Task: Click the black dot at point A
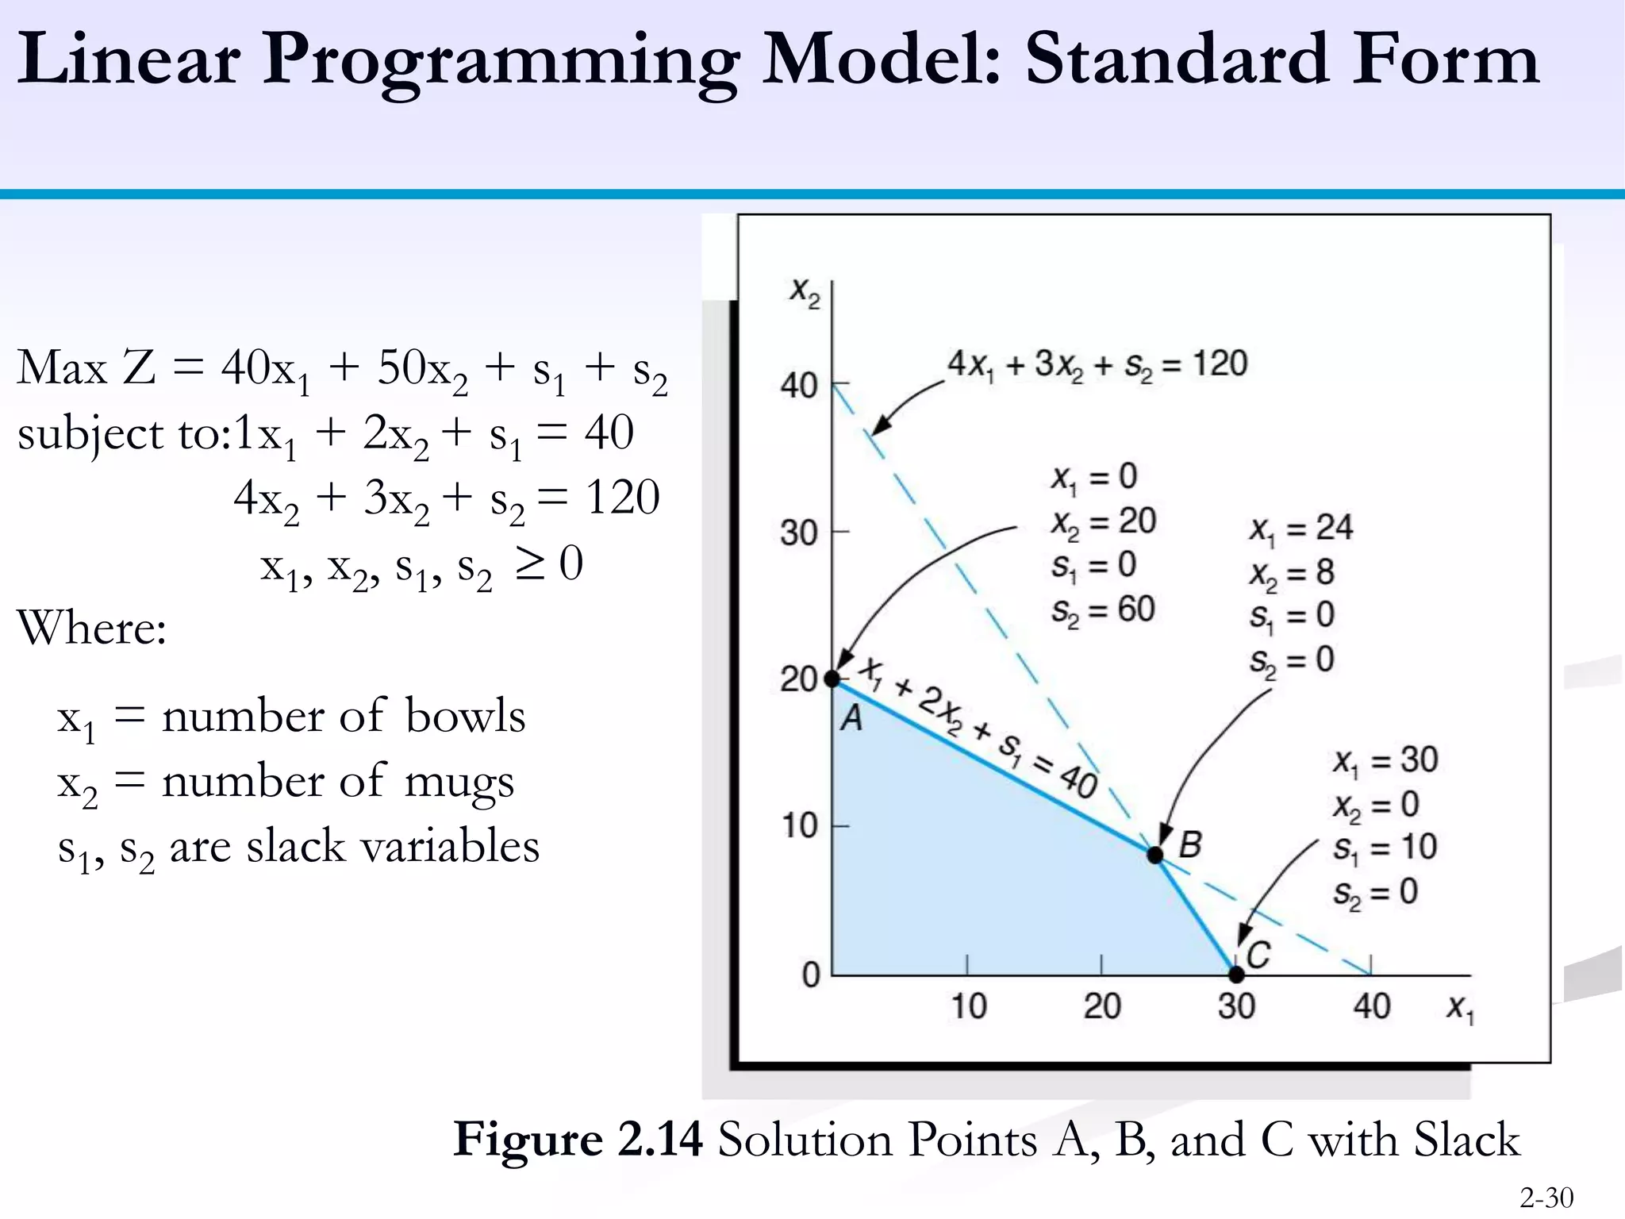[x=832, y=679]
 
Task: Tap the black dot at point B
[x=1155, y=855]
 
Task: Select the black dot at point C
[x=1236, y=974]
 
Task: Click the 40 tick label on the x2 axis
[x=798, y=386]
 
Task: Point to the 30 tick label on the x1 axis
[x=1236, y=1006]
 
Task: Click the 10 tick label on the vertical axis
[x=799, y=826]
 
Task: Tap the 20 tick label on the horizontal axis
[x=1102, y=1006]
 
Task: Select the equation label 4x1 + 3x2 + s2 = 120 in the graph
[x=1097, y=364]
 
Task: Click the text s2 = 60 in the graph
[x=1102, y=609]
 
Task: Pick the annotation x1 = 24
[x=1300, y=529]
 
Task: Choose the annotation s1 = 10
[x=1385, y=848]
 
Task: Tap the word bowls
[x=465, y=716]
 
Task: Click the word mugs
[x=459, y=783]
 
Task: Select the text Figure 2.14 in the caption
[x=578, y=1140]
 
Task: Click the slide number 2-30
[x=1546, y=1197]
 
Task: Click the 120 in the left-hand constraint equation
[x=622, y=498]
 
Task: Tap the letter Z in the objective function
[x=140, y=368]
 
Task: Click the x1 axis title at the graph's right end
[x=1459, y=1009]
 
